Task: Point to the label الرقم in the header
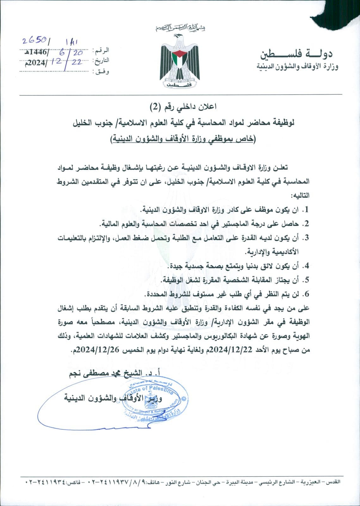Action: pos(102,51)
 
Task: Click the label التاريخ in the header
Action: pos(101,60)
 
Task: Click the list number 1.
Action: pos(306,210)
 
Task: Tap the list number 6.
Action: pos(306,294)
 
